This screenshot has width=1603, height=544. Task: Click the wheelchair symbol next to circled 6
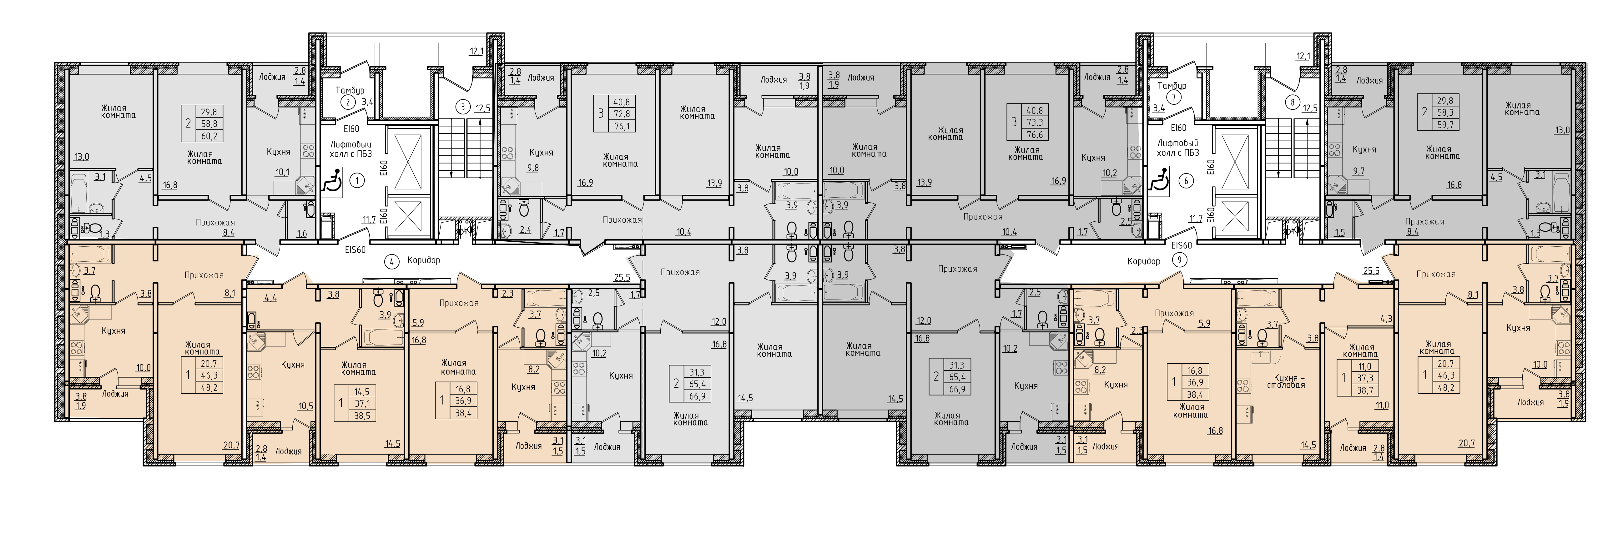click(1157, 180)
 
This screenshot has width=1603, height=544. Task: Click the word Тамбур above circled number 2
click(350, 90)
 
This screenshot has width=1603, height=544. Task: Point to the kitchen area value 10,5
click(305, 406)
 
